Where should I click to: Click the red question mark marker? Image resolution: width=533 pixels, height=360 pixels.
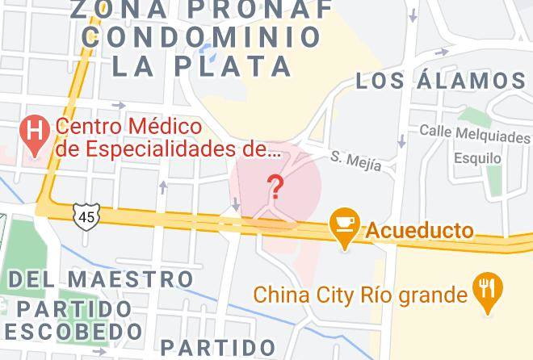(x=275, y=187)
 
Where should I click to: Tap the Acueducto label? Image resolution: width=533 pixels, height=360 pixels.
(x=420, y=231)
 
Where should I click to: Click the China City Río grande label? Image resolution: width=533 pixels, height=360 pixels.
(x=361, y=295)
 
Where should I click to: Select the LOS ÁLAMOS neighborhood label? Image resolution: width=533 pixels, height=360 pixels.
(x=441, y=81)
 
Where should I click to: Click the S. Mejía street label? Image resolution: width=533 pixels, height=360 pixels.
(x=355, y=160)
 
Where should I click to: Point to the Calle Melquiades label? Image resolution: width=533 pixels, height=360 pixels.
(x=474, y=132)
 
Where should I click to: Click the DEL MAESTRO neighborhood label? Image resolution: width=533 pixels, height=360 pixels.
(x=102, y=280)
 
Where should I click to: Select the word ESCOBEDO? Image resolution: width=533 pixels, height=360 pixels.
(x=72, y=332)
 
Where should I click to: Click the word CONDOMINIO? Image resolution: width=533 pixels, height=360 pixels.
(x=202, y=37)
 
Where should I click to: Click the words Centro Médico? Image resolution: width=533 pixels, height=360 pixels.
(x=128, y=127)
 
